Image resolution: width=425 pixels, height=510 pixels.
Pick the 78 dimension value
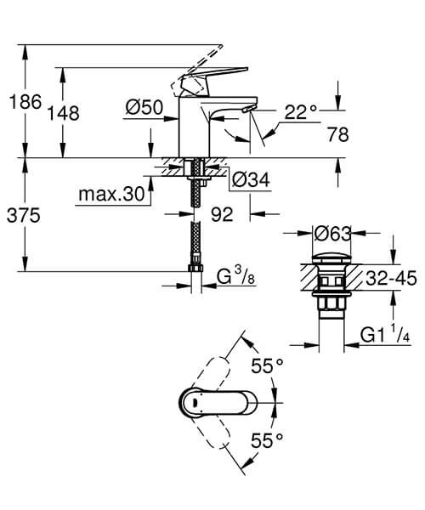(338, 133)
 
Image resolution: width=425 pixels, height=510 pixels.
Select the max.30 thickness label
(110, 195)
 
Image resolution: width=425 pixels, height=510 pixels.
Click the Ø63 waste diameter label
(332, 232)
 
